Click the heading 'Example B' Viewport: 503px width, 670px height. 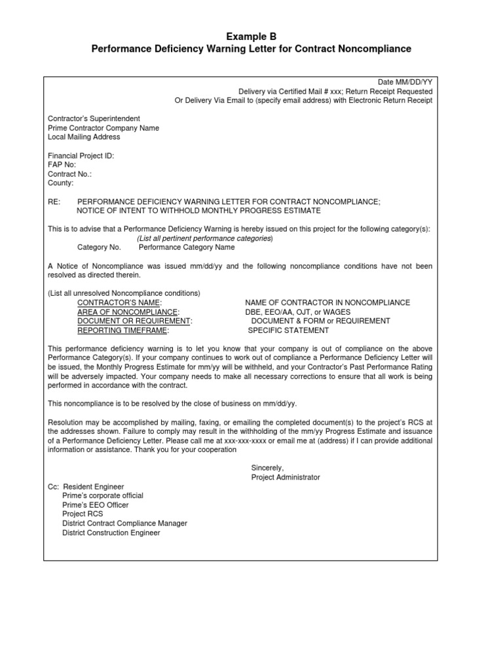point(251,37)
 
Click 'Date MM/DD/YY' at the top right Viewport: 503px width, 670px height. point(405,82)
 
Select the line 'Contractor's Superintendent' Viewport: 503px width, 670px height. point(94,118)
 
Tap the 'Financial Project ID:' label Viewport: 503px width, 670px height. point(81,156)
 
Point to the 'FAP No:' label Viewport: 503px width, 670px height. point(62,165)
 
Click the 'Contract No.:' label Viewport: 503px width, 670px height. point(70,174)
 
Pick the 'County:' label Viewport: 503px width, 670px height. point(62,183)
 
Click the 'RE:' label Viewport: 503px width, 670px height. point(54,202)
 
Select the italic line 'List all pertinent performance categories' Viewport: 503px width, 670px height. point(204,239)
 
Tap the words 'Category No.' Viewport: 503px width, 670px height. point(99,248)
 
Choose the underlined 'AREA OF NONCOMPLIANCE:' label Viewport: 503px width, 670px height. point(128,312)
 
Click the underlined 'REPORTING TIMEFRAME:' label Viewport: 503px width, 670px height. point(123,330)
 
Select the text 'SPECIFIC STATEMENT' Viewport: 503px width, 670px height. point(289,330)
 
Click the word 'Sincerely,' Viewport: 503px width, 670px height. point(267,468)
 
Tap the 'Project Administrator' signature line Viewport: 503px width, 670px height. point(286,477)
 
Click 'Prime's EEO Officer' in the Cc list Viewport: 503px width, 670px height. point(95,505)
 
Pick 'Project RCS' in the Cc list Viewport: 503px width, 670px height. point(83,514)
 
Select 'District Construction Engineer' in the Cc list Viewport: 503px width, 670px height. point(111,533)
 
